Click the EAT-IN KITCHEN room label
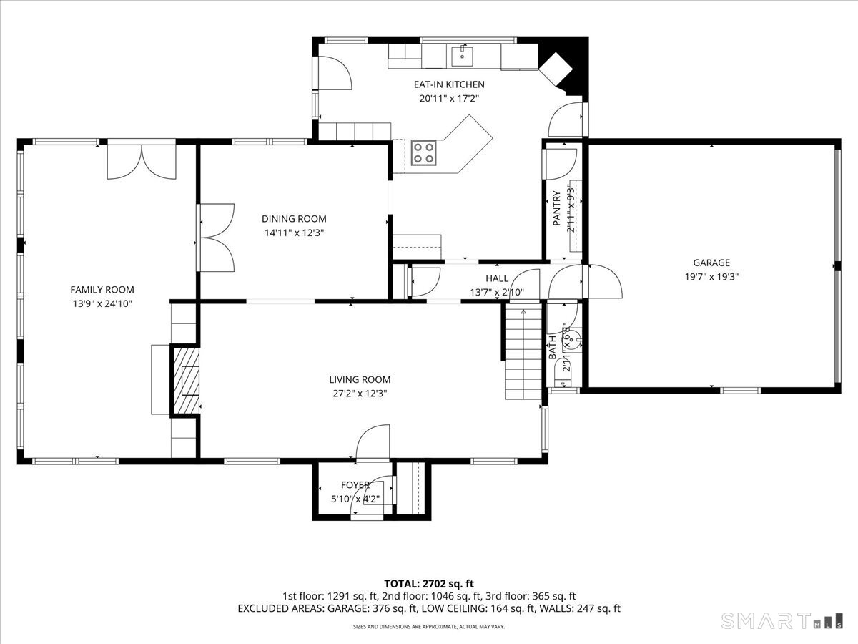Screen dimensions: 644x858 [449, 84]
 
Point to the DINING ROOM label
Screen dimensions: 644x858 [294, 219]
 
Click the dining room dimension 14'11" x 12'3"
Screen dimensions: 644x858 [294, 233]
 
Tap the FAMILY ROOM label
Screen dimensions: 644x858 [102, 290]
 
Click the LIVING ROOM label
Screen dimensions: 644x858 [360, 380]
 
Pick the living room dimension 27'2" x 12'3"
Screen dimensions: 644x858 [360, 393]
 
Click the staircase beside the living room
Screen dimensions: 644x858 [523, 351]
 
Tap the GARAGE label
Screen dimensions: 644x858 [711, 263]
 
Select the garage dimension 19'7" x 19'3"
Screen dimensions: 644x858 [711, 276]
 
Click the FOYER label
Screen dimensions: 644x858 [355, 485]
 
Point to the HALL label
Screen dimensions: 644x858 [497, 278]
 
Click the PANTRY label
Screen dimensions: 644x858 [556, 209]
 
